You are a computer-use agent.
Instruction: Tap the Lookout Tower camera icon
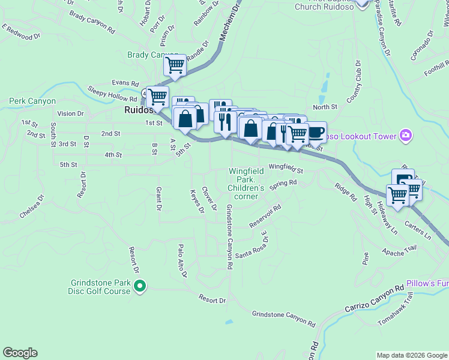[406, 136]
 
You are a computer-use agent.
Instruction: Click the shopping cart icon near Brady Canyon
[175, 64]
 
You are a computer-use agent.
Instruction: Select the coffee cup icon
[316, 132]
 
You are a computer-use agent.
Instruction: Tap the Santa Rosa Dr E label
[251, 248]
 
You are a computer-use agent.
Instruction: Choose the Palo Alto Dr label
[182, 261]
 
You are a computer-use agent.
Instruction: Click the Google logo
[20, 353]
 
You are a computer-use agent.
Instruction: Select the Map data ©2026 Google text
[412, 355]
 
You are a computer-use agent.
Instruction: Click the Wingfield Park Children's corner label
[246, 184]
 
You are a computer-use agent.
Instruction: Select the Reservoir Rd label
[265, 217]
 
